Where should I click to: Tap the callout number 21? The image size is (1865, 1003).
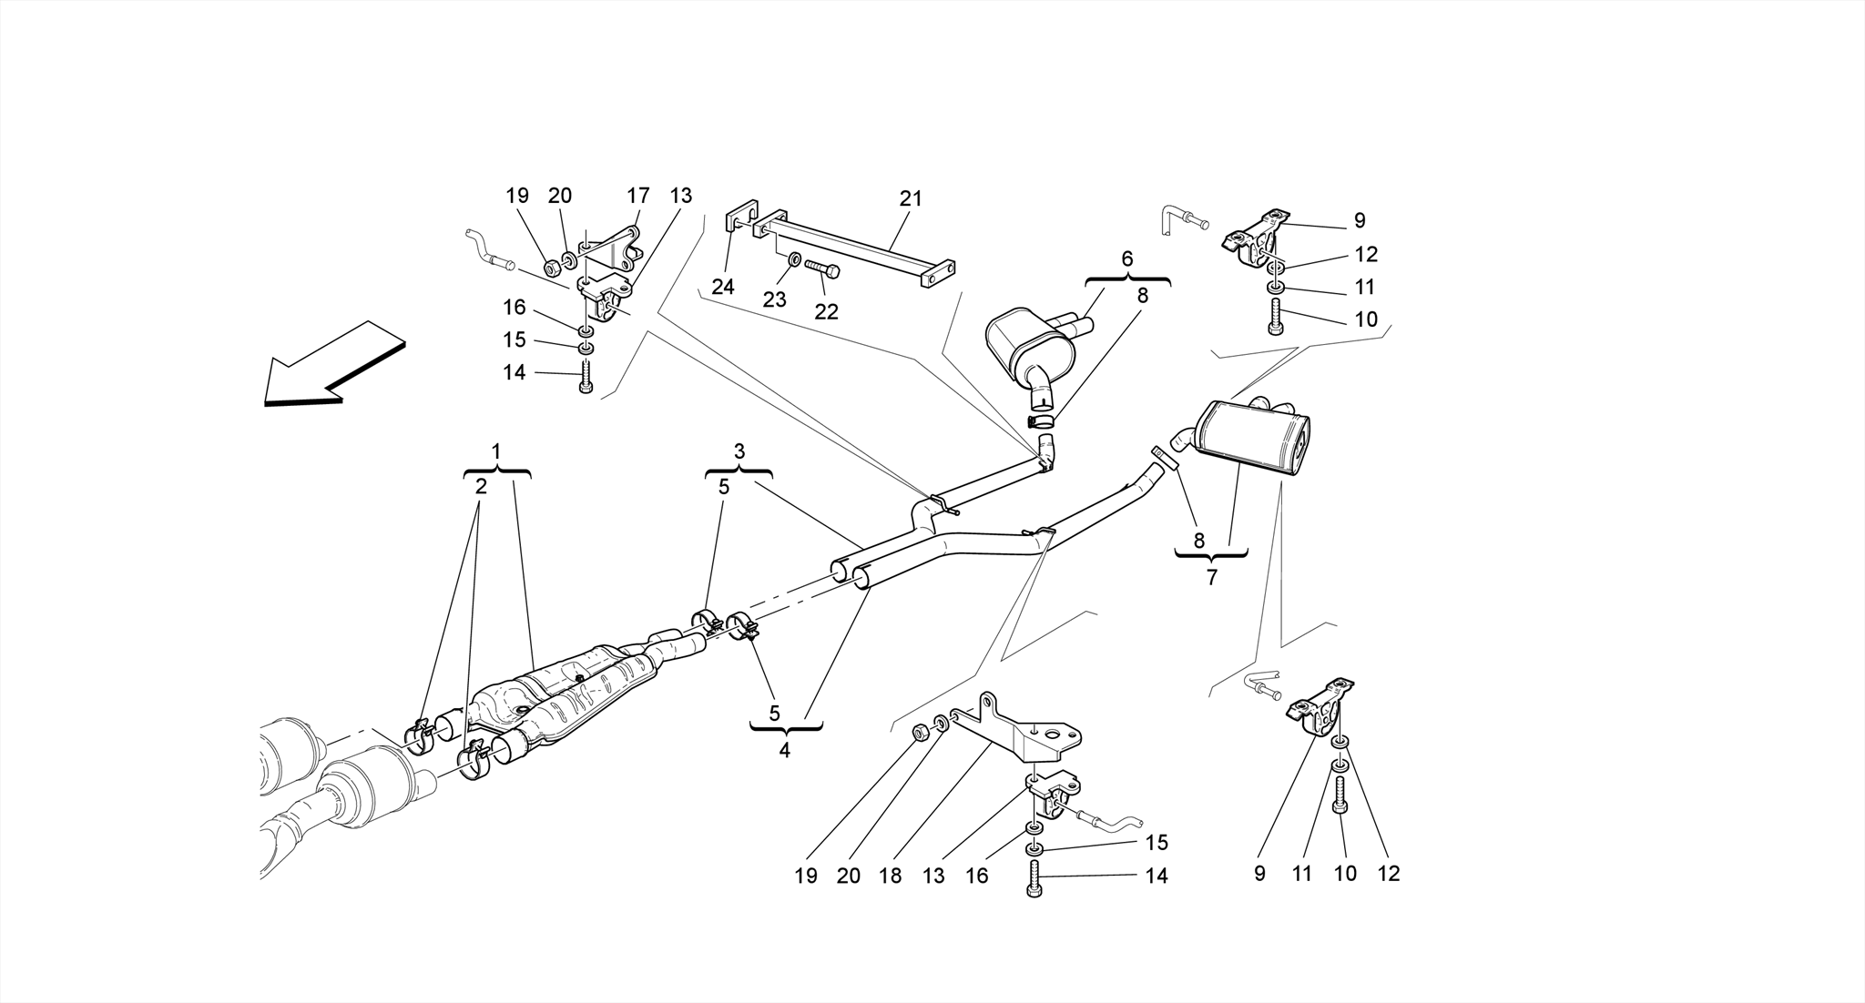click(911, 198)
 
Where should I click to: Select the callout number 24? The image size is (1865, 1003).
click(723, 287)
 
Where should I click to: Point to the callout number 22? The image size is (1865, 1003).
click(826, 311)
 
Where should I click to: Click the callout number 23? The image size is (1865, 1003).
click(774, 299)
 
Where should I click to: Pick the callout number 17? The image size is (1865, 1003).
click(637, 196)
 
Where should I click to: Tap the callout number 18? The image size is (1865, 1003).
click(890, 876)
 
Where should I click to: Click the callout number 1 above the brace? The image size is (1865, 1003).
click(496, 451)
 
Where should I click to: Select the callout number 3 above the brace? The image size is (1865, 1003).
click(739, 451)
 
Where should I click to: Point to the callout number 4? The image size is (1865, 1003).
click(784, 751)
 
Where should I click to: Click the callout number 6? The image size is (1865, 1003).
click(1127, 258)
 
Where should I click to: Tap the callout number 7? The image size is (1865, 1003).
click(1211, 577)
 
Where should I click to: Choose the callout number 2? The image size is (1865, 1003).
click(480, 487)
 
